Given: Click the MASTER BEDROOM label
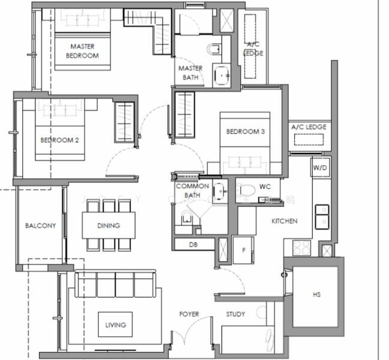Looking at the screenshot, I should click(x=83, y=51).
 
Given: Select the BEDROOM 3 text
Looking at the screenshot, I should click(x=245, y=131).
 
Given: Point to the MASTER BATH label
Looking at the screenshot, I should click(x=190, y=73).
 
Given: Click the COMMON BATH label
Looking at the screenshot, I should click(x=192, y=191).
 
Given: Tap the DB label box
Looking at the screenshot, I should click(x=193, y=244).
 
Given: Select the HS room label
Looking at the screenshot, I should click(x=316, y=295).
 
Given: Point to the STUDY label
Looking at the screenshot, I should click(x=235, y=314).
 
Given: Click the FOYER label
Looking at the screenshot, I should click(x=189, y=314).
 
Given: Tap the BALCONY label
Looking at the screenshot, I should click(x=40, y=226).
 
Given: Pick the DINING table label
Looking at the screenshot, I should click(x=108, y=226).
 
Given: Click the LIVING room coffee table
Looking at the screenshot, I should click(x=116, y=325).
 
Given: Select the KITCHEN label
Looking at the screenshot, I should click(x=284, y=221).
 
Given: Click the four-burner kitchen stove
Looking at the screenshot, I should click(x=301, y=247).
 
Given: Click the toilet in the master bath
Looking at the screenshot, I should click(x=214, y=49).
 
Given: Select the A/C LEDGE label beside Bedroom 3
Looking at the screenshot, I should click(x=308, y=127).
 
